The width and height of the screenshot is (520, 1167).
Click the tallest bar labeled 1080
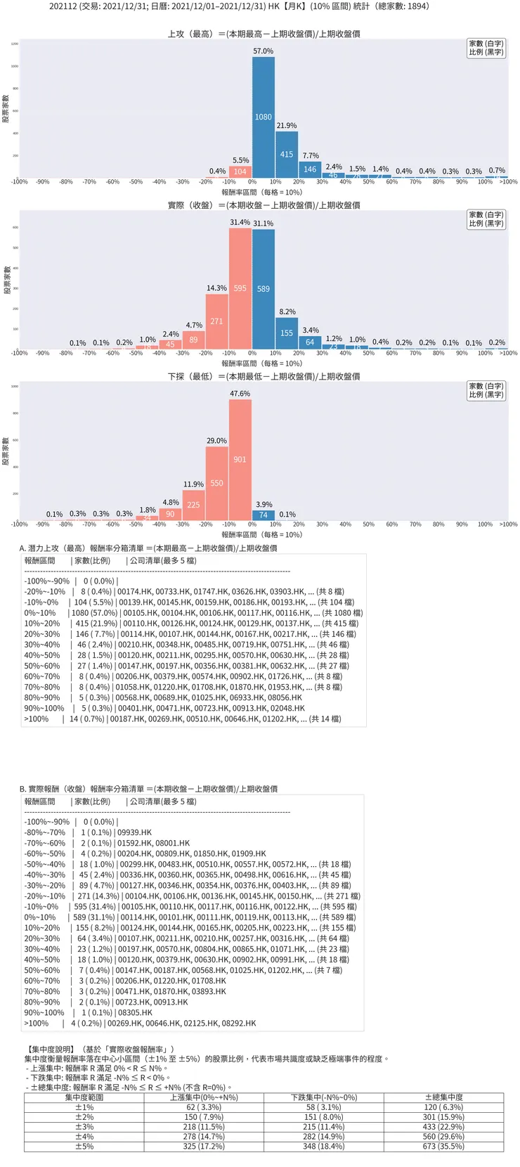tap(264, 117)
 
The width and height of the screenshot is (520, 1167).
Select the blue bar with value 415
tap(287, 155)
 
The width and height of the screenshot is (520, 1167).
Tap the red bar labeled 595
tap(240, 288)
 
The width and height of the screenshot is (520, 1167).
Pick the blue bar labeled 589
tap(264, 289)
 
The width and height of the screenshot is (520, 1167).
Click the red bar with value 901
tap(240, 460)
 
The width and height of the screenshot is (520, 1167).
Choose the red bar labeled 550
tap(216, 484)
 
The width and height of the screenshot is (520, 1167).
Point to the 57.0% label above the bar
tap(264, 51)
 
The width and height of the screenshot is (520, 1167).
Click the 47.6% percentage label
tap(240, 394)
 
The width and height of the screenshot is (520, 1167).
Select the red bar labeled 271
tap(216, 321)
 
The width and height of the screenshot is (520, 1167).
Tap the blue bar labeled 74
tap(264, 515)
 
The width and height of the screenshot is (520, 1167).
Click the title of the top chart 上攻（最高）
tap(264, 34)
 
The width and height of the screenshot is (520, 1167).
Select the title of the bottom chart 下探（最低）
tap(264, 377)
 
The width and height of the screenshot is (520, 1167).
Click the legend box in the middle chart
tap(486, 219)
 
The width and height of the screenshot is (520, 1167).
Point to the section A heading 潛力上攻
tap(148, 548)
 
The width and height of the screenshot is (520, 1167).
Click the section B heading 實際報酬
tap(148, 789)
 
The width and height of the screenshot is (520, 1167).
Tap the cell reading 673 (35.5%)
tap(443, 1147)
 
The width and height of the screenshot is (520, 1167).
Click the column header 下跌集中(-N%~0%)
tap(324, 1097)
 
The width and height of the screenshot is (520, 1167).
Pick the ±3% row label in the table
tap(84, 1127)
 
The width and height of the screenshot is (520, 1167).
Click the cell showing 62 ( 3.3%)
tap(204, 1107)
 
